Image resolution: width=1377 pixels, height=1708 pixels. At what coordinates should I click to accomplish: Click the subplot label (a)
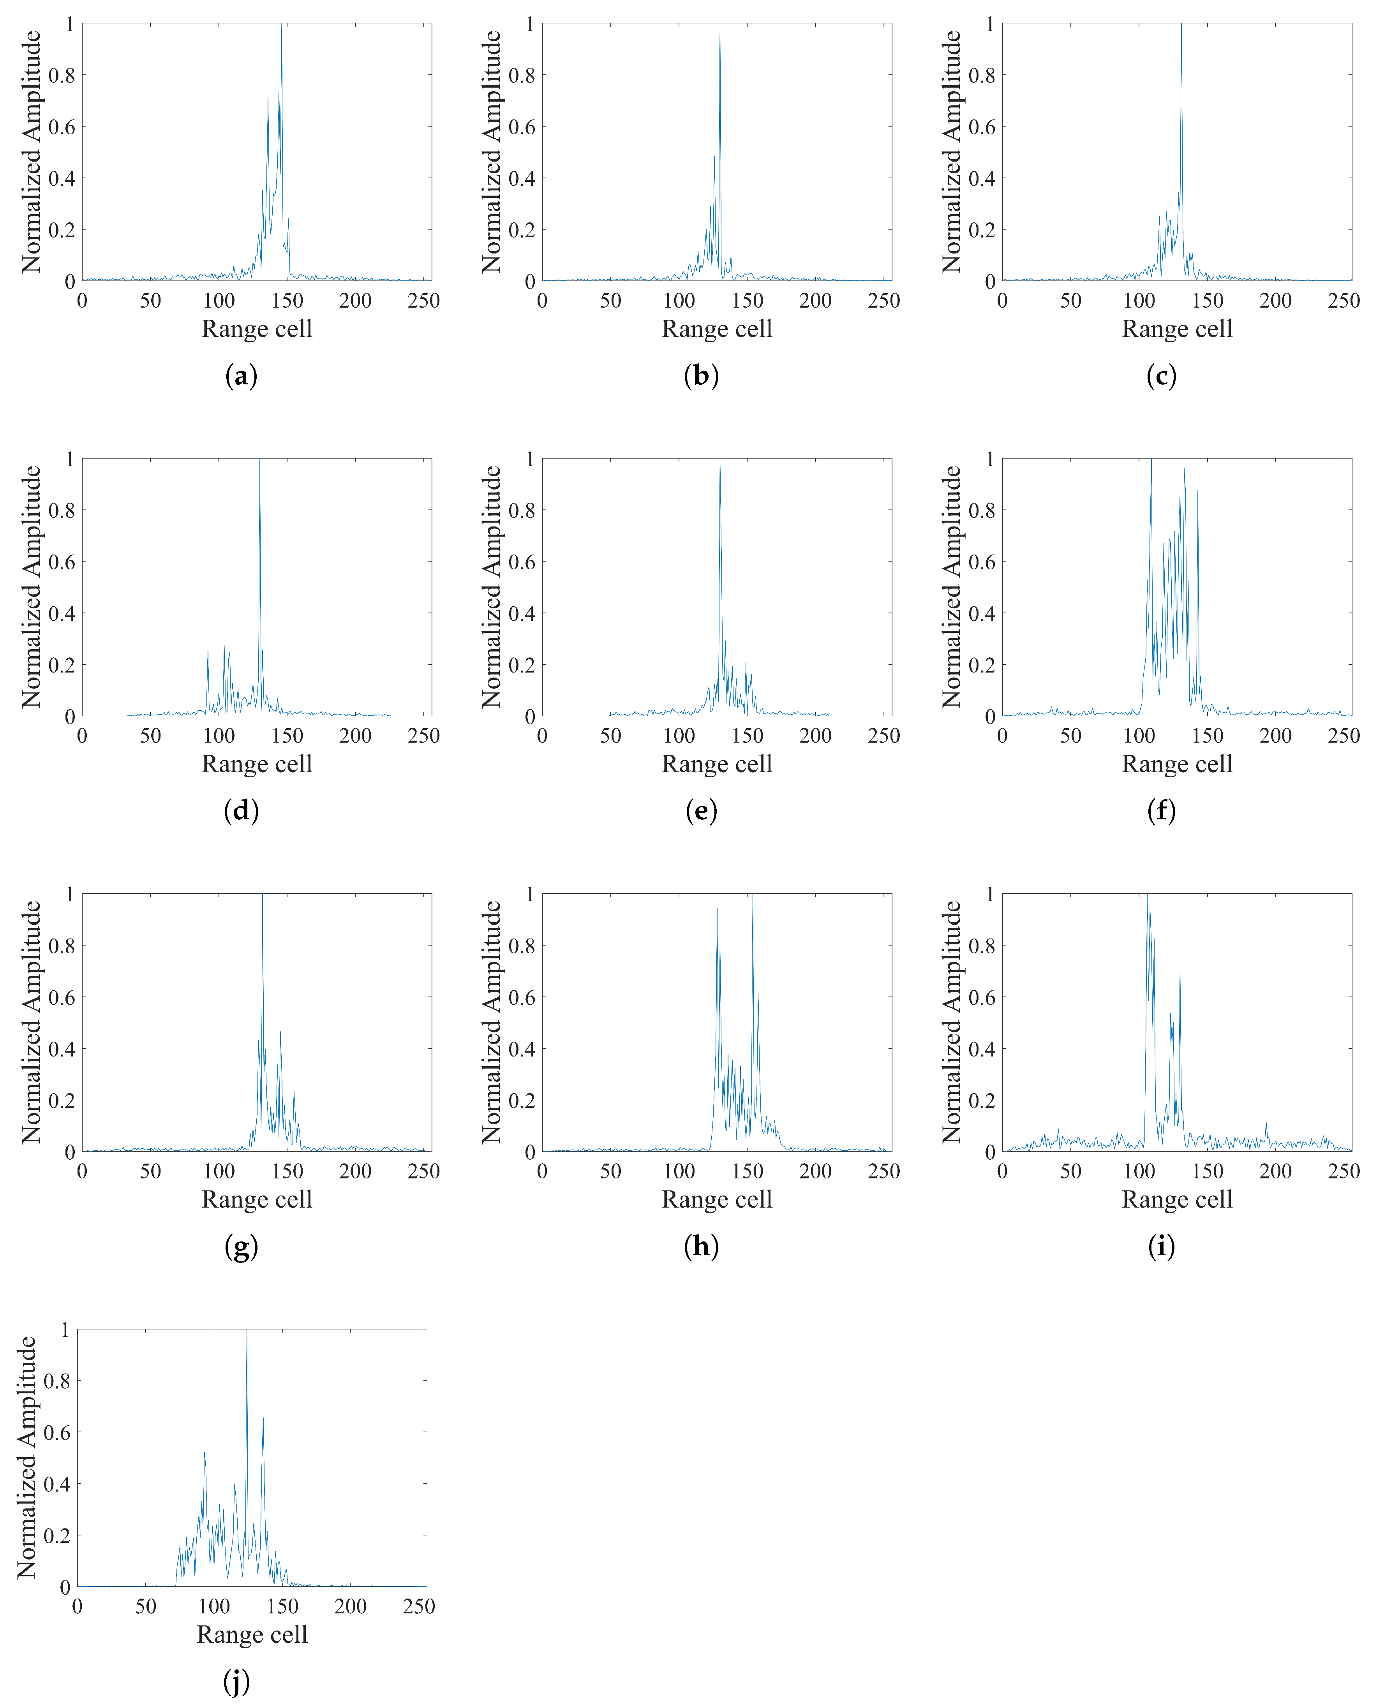[241, 376]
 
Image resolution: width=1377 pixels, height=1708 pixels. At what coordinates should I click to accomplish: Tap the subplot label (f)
[1161, 810]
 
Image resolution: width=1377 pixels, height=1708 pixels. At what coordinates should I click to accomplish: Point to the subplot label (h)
[701, 1246]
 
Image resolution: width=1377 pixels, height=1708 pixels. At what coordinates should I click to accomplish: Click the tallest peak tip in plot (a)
[281, 25]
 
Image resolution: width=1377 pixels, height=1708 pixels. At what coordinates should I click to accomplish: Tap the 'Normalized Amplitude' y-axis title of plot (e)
[492, 587]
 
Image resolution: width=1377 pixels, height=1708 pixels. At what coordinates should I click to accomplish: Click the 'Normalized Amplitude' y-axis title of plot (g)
[32, 1022]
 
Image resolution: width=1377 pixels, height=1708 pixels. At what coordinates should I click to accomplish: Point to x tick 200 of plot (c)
[1275, 301]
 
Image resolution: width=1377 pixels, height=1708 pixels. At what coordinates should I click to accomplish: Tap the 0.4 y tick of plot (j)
[57, 1484]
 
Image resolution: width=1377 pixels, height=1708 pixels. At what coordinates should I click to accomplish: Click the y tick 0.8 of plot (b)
[522, 75]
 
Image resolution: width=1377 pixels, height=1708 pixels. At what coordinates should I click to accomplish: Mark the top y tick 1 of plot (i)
[990, 894]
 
